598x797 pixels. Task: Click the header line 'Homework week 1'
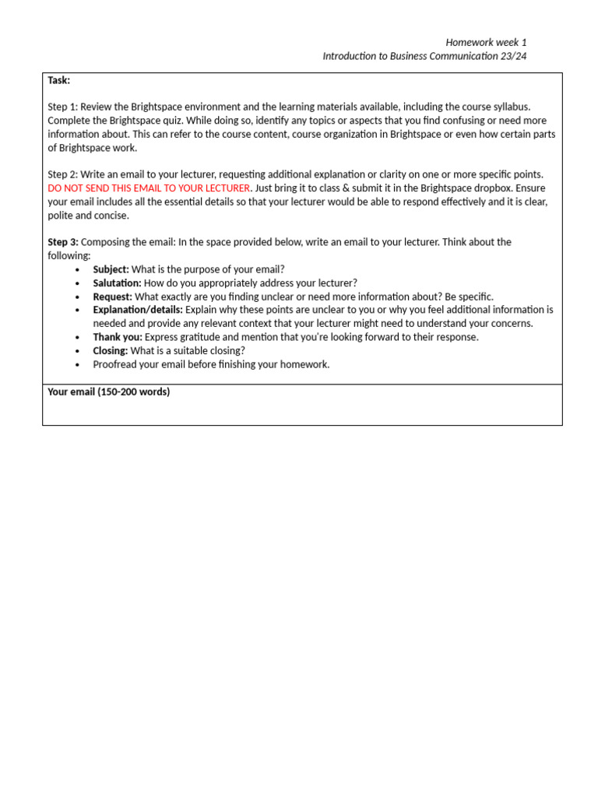pos(486,42)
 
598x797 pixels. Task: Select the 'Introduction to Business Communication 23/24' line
pos(424,57)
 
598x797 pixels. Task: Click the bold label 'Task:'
pos(58,80)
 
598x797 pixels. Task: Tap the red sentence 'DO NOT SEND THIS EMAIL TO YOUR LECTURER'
pos(149,188)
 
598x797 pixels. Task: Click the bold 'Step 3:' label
pos(63,242)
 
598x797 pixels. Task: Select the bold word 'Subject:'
pos(111,269)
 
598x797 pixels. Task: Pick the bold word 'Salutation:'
pos(117,283)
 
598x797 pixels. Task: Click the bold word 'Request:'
pos(112,297)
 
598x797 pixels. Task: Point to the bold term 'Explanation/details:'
pos(138,310)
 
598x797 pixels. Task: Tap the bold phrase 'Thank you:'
pos(118,337)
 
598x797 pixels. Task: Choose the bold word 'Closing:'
pos(110,351)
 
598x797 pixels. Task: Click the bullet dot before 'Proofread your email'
pos(78,364)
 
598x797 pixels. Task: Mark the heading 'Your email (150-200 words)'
pos(108,392)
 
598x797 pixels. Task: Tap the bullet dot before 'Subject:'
pos(78,269)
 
